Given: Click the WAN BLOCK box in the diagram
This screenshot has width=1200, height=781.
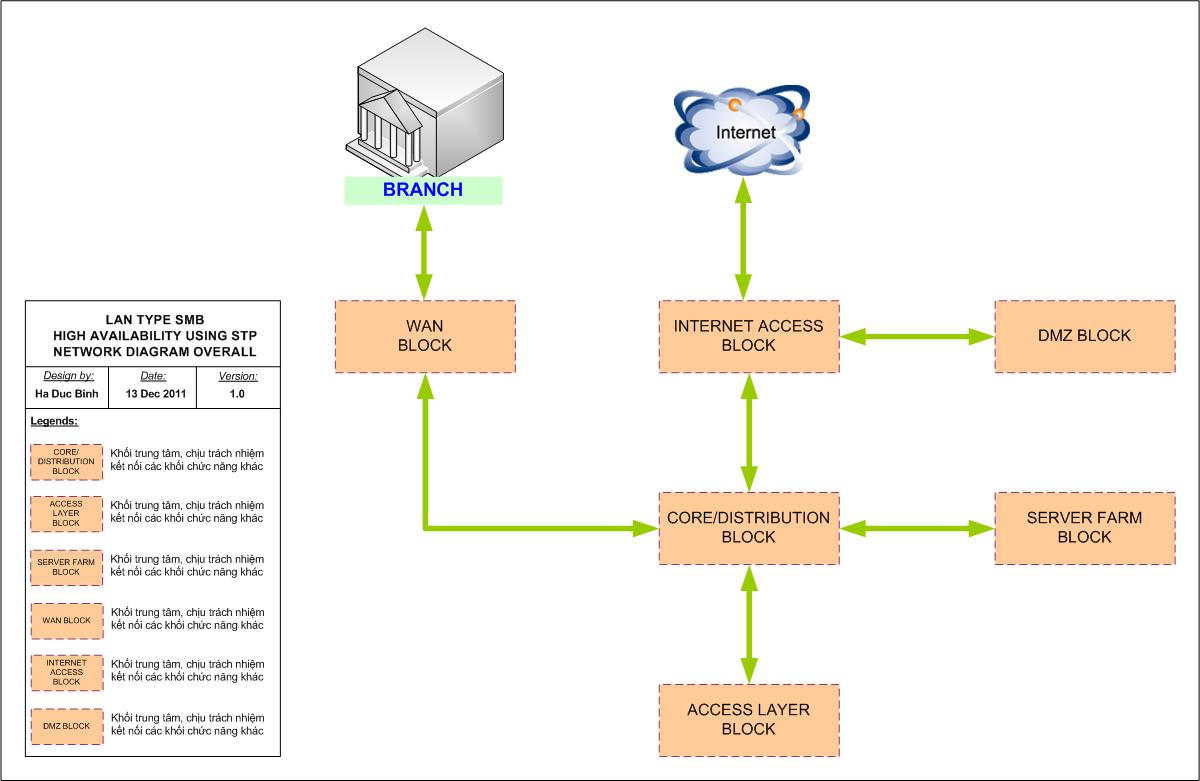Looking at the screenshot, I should click(425, 336).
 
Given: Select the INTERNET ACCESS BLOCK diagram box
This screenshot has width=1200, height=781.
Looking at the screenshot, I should click(748, 336).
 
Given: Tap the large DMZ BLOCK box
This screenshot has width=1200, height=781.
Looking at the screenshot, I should click(1084, 336).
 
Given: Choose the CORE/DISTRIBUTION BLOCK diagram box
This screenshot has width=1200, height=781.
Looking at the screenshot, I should click(748, 528).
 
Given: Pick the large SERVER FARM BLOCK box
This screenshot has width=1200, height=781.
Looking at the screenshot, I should click(1084, 528).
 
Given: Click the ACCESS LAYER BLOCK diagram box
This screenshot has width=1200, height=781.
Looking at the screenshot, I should click(748, 720).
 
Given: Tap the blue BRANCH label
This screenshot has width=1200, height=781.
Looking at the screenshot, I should click(423, 190).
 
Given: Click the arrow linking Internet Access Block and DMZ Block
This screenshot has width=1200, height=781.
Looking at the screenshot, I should click(917, 337).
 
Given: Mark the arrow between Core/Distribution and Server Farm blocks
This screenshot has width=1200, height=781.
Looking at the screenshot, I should click(917, 528).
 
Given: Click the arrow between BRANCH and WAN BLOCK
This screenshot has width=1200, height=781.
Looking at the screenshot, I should click(425, 252).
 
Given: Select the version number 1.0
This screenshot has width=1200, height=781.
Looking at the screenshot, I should click(238, 394).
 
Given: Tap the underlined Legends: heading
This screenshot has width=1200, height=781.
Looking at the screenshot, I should click(54, 421).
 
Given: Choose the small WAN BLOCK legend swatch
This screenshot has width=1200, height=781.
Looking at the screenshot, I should click(66, 620).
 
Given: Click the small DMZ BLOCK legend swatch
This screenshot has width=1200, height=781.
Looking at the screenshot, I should click(66, 726).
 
